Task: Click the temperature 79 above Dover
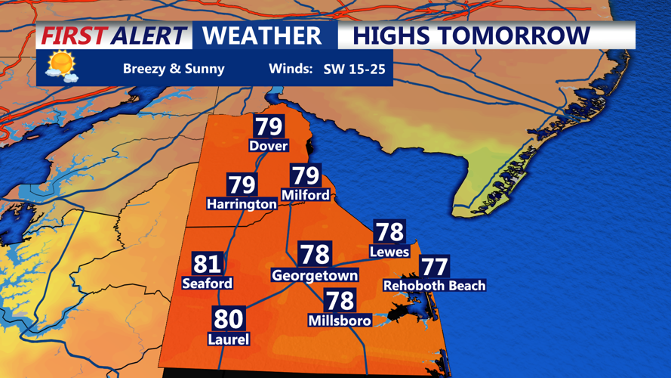click(269, 126)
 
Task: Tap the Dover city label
click(269, 145)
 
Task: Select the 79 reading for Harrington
click(242, 184)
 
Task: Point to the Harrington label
click(242, 204)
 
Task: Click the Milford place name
click(305, 195)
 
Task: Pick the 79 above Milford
click(306, 175)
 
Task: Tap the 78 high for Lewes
click(389, 231)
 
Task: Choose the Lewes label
click(389, 251)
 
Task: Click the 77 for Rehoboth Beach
click(434, 267)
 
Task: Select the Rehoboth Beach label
click(434, 286)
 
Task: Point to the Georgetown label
click(315, 276)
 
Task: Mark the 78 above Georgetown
click(315, 253)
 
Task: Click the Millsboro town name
click(340, 321)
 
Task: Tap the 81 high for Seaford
click(207, 263)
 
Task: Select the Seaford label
click(207, 283)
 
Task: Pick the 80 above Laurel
click(228, 318)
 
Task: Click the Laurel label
click(228, 339)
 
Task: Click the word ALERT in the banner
click(148, 36)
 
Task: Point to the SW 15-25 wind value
click(354, 70)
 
